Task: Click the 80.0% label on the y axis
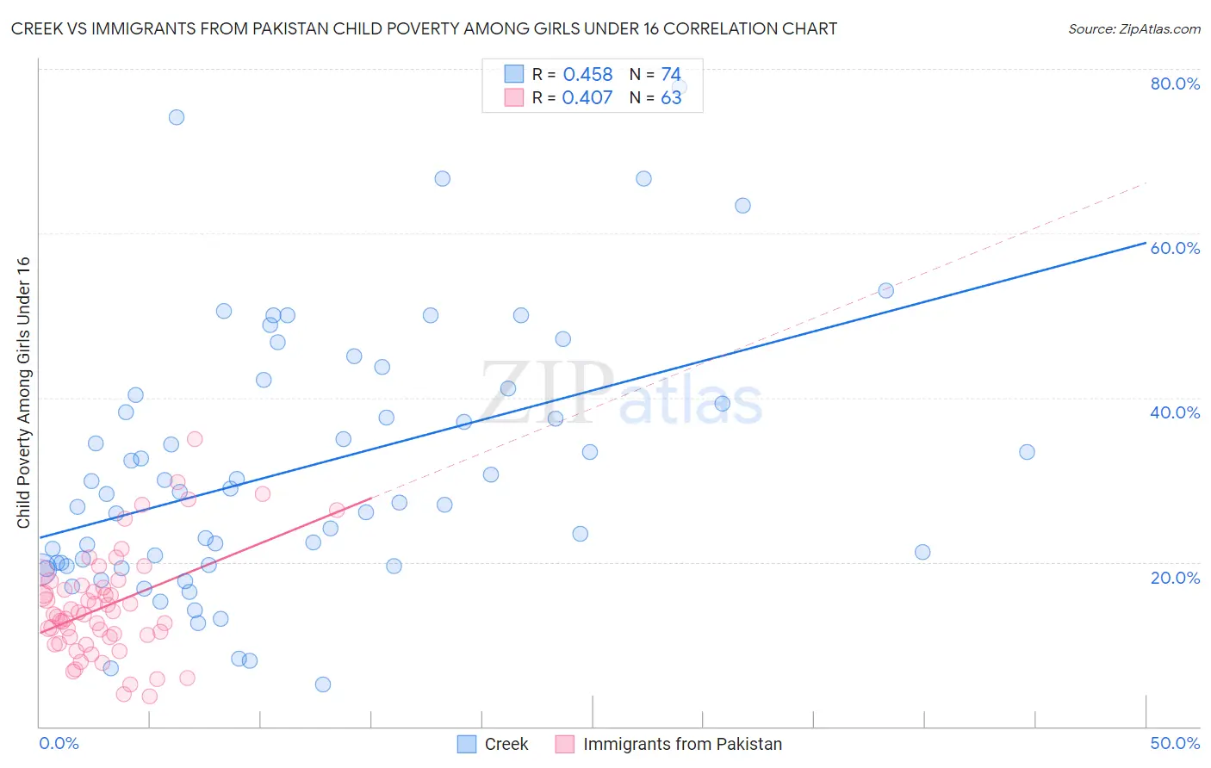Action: pos(1175,84)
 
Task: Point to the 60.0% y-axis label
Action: pos(1175,248)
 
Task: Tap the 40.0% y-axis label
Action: pos(1175,412)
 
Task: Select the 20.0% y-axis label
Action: pos(1175,577)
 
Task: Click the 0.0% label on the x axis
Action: pos(59,743)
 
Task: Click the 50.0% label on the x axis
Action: pos(1175,743)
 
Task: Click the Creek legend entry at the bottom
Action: pos(506,744)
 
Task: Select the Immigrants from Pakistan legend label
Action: pos(682,744)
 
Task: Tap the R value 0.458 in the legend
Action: pos(587,75)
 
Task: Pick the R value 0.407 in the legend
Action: pos(587,98)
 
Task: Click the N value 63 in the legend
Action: pos(671,98)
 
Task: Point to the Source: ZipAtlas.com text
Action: pos(1133,28)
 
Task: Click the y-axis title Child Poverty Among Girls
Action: pos(23,392)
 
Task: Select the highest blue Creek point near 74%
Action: pos(177,117)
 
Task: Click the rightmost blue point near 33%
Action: pos(1027,452)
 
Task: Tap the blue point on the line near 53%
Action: pos(885,290)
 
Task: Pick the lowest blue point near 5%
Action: pos(323,684)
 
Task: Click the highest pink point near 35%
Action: pos(195,439)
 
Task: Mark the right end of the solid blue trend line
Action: pos(1145,244)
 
